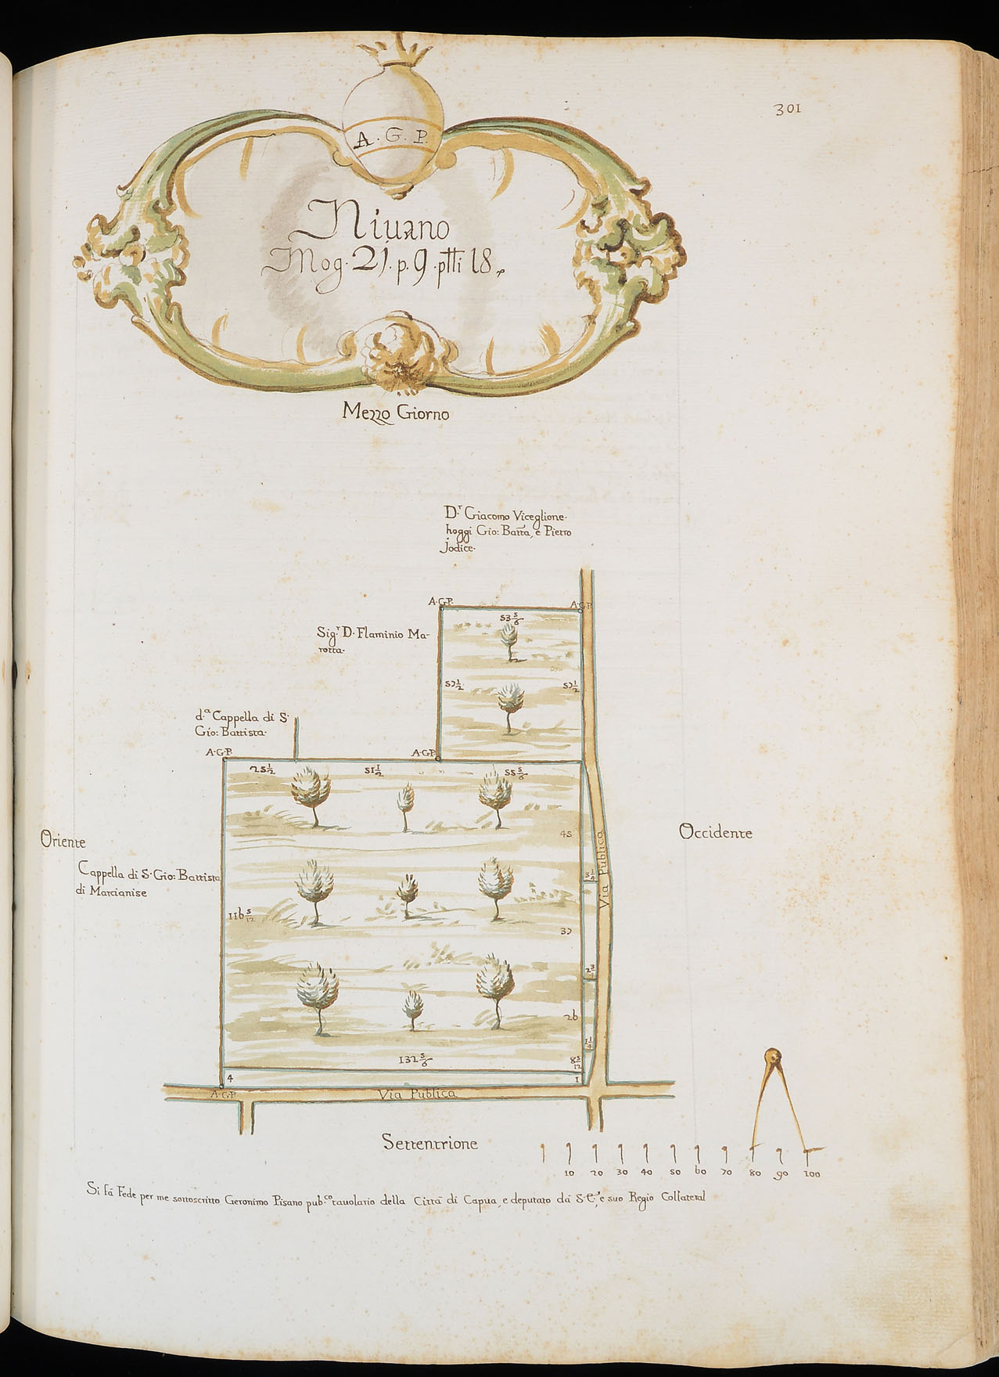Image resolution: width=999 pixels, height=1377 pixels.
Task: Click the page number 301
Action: tap(785, 110)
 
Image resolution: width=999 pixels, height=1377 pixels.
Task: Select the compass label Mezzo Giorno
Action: tap(396, 413)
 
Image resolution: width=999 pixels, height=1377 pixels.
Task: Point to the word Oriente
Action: tap(62, 842)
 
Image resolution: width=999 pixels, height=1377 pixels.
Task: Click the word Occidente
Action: tap(716, 832)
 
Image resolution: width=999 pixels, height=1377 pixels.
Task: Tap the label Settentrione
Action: tap(429, 1143)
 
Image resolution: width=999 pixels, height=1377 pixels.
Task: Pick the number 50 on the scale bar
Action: tap(674, 1173)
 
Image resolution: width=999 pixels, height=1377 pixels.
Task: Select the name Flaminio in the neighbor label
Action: tap(383, 635)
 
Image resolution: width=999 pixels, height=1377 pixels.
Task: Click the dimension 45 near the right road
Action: tap(567, 834)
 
